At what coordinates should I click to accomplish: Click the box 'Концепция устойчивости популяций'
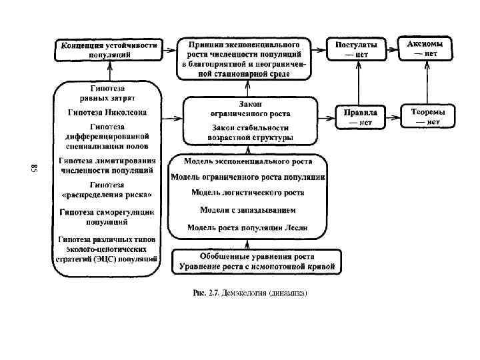tap(109, 50)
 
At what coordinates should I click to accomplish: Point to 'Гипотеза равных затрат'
tap(107, 93)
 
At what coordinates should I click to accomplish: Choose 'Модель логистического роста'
tap(247, 192)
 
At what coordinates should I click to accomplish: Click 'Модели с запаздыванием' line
tap(247, 209)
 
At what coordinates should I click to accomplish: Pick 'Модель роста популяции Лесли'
tap(247, 227)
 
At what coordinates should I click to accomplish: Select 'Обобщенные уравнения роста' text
tap(257, 256)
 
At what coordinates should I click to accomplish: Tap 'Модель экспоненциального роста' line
tap(247, 161)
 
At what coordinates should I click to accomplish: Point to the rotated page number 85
tap(35, 168)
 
